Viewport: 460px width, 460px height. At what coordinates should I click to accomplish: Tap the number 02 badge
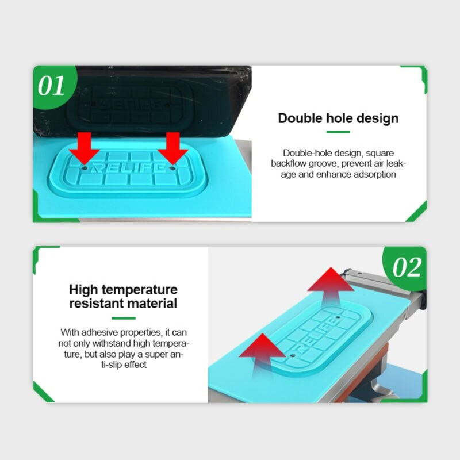[407, 267]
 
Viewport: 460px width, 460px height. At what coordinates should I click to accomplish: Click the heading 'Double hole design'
[338, 118]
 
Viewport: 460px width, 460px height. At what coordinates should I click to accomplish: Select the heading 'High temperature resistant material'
[123, 296]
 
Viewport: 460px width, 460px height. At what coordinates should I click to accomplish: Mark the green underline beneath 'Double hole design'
[338, 132]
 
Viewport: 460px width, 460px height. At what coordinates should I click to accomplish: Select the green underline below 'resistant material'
[123, 318]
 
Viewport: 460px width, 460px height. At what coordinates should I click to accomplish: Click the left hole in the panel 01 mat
[84, 169]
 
